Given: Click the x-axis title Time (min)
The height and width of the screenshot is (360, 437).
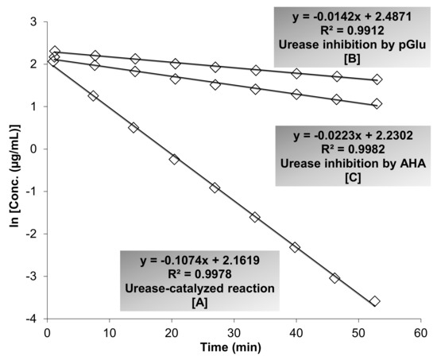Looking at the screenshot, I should point(237,348).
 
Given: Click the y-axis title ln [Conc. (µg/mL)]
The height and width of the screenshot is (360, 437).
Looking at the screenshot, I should point(11,168).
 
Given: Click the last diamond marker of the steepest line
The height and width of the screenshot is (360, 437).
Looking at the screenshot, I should point(375,301).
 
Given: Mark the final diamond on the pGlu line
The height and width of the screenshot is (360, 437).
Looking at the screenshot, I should point(377,79).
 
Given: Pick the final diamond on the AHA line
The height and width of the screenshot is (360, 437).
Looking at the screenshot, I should point(377,103).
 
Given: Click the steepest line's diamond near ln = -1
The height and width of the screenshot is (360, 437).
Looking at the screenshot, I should point(215,188).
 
